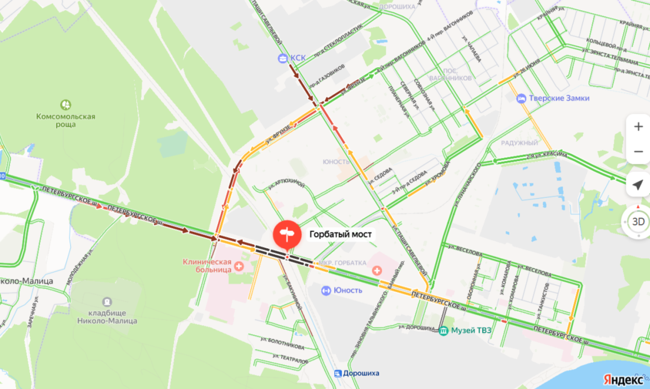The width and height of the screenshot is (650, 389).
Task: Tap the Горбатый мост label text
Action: pyautogui.click(x=341, y=235)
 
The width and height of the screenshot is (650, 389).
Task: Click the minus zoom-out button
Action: pyautogui.click(x=638, y=152)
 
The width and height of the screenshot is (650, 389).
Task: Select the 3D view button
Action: pyautogui.click(x=638, y=222)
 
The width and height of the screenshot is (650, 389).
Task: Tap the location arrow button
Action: pyautogui.click(x=638, y=185)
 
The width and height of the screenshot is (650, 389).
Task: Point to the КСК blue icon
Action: pyautogui.click(x=283, y=58)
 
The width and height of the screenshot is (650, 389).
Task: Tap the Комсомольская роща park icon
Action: pyautogui.click(x=66, y=105)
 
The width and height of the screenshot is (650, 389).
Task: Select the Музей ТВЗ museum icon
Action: pyautogui.click(x=443, y=330)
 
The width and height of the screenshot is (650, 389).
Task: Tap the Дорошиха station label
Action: pyautogui.click(x=361, y=373)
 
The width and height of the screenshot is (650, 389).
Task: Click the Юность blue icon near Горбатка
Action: pyautogui.click(x=325, y=290)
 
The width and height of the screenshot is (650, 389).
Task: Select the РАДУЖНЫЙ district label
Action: pyautogui.click(x=519, y=143)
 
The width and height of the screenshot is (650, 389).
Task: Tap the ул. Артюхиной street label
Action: pyautogui.click(x=286, y=184)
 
